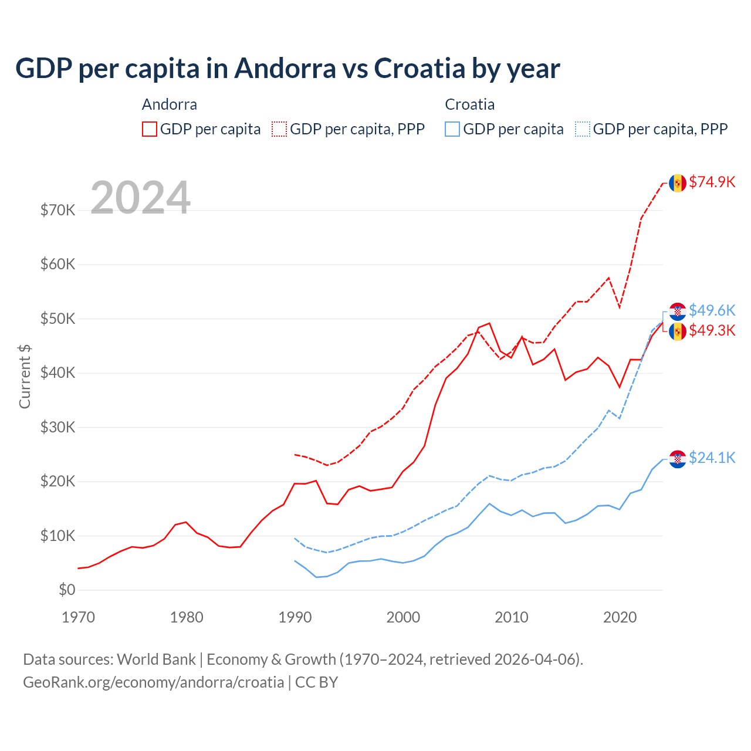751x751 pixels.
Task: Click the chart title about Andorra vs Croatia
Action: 287,69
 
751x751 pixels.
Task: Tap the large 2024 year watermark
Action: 140,198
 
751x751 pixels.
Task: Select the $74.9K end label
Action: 712,182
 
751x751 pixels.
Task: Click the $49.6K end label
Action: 712,310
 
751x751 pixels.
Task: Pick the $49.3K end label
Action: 712,331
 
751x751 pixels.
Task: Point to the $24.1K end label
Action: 712,458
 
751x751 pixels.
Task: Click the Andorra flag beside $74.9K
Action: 678,183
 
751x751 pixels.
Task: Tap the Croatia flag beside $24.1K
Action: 678,459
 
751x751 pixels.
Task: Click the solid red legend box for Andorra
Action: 150,129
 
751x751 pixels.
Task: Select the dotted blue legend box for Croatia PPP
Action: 583,129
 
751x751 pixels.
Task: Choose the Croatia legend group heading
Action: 469,104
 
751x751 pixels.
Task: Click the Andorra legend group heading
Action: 169,104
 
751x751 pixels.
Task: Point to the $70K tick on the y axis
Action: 57,210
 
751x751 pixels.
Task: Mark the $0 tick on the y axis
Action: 67,590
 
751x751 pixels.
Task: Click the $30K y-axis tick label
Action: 57,427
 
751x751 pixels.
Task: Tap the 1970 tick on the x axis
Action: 78,617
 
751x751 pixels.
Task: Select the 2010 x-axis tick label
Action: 512,617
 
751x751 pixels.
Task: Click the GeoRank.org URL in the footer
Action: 153,682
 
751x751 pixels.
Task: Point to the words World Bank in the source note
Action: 156,659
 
